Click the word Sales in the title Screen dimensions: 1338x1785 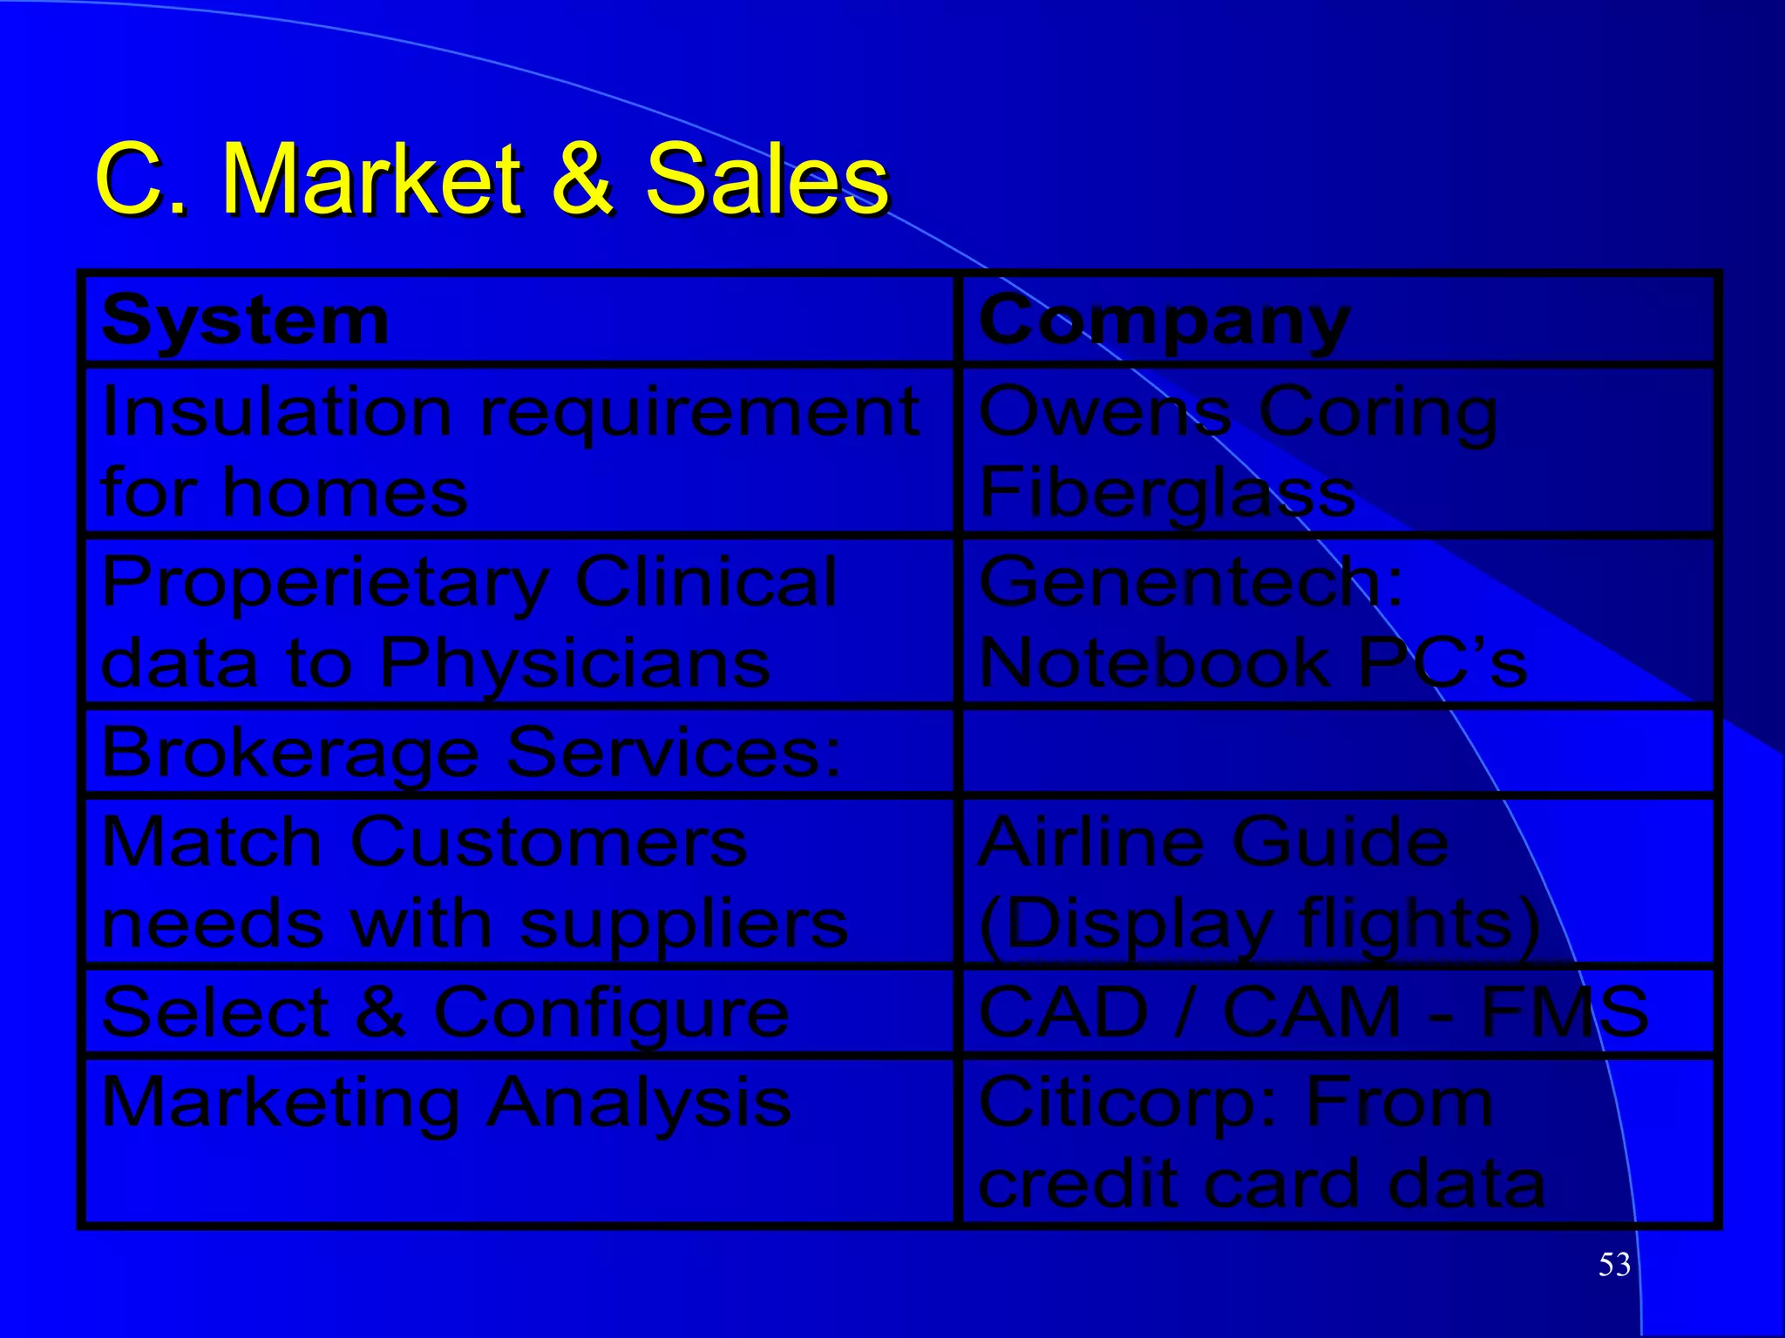(x=766, y=179)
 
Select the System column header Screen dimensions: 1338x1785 (x=245, y=321)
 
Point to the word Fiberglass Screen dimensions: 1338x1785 (x=1166, y=493)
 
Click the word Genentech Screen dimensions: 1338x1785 (x=1190, y=582)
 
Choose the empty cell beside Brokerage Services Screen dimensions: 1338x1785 (x=1338, y=752)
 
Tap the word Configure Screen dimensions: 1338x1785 (x=611, y=1013)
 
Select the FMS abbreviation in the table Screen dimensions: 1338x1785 (x=1564, y=1011)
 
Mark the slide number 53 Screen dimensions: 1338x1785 (x=1614, y=1264)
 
